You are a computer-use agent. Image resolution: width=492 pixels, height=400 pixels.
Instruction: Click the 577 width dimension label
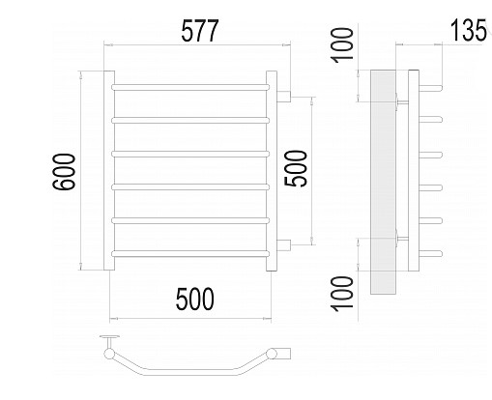(200, 31)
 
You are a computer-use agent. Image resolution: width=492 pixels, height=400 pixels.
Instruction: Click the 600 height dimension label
(64, 172)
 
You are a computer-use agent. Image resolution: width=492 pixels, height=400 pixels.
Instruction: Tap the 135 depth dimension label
(468, 30)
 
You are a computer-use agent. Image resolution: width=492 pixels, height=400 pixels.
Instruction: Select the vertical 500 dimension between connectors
(296, 168)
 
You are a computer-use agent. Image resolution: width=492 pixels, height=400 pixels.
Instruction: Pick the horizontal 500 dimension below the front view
(195, 299)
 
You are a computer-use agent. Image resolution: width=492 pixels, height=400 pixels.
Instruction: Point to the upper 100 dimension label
(342, 45)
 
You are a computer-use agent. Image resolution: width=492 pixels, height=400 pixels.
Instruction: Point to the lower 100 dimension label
(342, 294)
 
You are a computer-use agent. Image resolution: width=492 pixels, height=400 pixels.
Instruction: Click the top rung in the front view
(190, 87)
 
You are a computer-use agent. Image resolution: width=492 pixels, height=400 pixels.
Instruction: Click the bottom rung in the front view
(190, 254)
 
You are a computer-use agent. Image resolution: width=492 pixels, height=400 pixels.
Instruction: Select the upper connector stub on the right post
(284, 97)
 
